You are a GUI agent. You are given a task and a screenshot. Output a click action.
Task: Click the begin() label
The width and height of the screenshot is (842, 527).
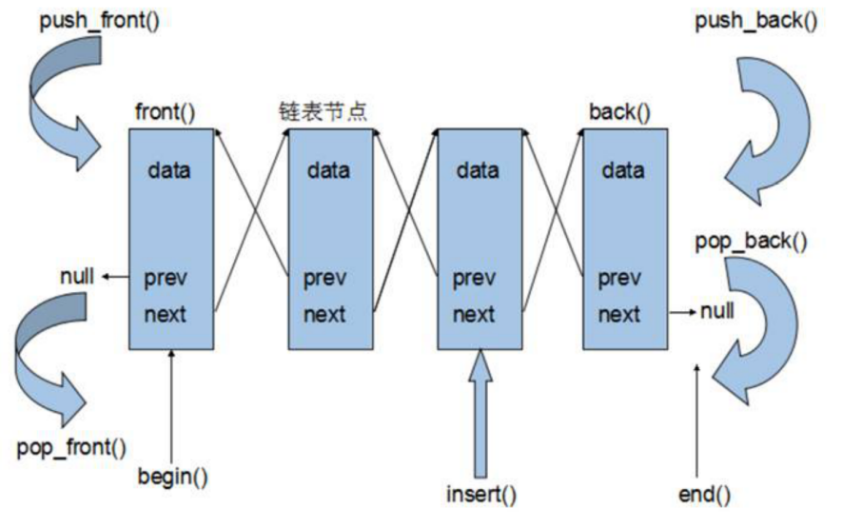click(172, 475)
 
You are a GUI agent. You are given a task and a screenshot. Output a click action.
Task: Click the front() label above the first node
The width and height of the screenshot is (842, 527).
click(166, 113)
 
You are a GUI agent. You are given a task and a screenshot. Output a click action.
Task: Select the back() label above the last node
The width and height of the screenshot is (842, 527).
click(619, 113)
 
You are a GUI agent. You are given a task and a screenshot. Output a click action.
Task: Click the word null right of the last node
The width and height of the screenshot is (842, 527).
click(720, 311)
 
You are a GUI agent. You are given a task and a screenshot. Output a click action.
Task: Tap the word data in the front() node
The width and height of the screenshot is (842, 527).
click(169, 172)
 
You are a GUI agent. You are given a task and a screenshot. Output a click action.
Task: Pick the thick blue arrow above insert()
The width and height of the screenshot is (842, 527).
click(480, 409)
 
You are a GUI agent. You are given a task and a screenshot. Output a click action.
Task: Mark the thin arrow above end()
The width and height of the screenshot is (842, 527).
click(699, 419)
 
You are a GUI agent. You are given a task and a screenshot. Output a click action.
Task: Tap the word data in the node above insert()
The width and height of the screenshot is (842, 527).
click(478, 172)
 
